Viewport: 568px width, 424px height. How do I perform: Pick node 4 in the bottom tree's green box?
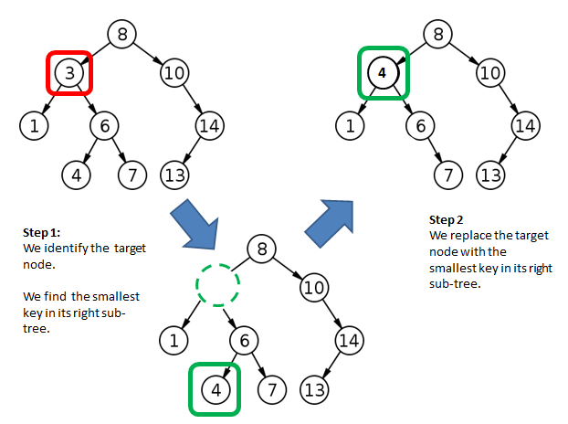[216, 389]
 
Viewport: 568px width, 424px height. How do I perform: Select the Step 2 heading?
[447, 221]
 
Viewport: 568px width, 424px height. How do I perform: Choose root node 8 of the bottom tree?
[262, 248]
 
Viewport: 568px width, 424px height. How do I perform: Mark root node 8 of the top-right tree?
[439, 35]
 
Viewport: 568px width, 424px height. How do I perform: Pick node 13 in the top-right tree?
[492, 172]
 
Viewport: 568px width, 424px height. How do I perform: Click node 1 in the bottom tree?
[174, 339]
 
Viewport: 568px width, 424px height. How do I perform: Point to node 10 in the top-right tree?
[490, 72]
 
